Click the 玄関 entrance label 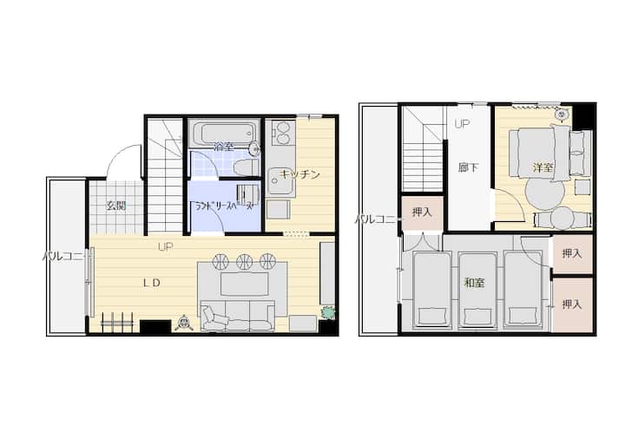tap(116, 206)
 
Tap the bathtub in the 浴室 tap(223, 132)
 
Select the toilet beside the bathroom tap(247, 167)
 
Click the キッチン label tap(299, 174)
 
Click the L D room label tap(152, 283)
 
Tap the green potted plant tap(328, 312)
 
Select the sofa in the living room tap(238, 317)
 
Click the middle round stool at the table tap(244, 261)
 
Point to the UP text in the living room tap(166, 247)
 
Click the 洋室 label tap(543, 167)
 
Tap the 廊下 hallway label tap(468, 167)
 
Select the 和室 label tap(474, 283)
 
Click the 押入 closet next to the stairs tap(422, 212)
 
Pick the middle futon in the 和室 tap(477, 290)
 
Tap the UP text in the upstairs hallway tap(463, 124)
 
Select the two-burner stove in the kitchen tap(283, 133)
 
